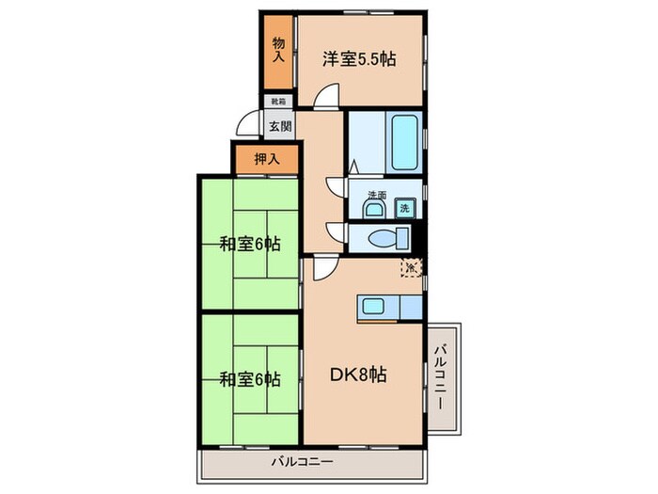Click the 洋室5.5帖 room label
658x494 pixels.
pos(359,58)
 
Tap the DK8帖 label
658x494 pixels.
pos(355,374)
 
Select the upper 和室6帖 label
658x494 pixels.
pos(249,245)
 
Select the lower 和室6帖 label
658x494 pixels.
pos(249,380)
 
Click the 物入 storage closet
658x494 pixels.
pos(278,50)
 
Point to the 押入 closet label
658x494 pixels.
pos(267,159)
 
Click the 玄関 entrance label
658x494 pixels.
pos(279,124)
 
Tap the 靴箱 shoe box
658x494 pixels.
pos(279,101)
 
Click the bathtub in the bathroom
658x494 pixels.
pos(404,141)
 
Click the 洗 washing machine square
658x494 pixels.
pos(404,207)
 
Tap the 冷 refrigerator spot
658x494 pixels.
pos(411,267)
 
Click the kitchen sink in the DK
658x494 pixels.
pos(373,307)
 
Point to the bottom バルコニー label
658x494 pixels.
pos(303,461)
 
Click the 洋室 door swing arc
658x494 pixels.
pos(326,96)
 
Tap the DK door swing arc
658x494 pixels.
pos(322,268)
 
